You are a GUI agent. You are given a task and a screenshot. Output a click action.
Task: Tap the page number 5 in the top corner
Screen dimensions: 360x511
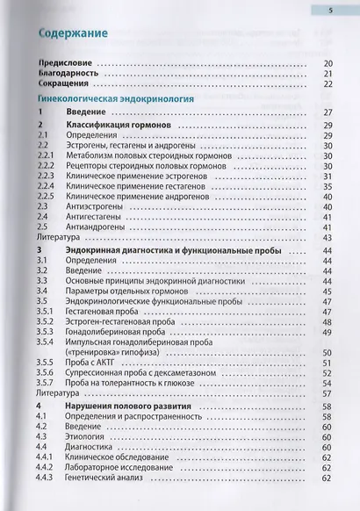[x=330, y=10]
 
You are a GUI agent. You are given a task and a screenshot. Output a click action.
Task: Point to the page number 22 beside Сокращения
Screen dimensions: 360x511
[x=328, y=84]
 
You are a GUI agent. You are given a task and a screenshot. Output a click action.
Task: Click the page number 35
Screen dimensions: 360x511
[x=328, y=186]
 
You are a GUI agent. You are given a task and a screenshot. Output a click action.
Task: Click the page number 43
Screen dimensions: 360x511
[x=328, y=237]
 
